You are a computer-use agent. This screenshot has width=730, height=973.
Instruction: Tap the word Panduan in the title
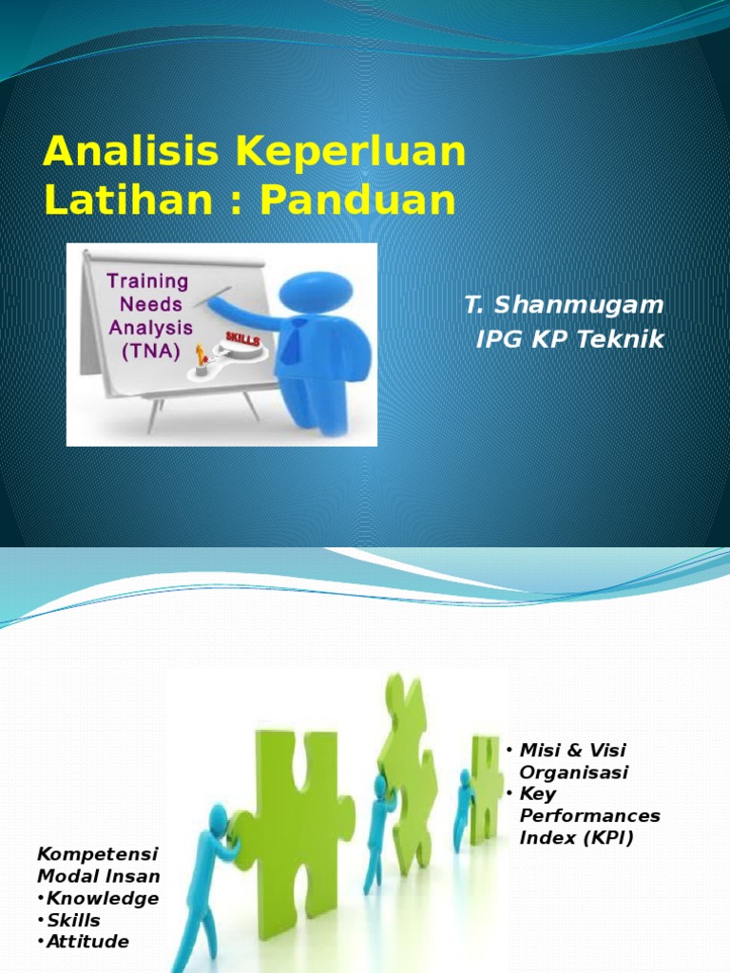coord(357,200)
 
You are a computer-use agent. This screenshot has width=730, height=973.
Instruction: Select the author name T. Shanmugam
coord(564,305)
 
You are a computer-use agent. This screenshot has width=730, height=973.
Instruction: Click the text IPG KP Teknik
coord(570,339)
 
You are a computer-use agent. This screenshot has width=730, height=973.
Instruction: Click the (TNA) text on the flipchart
coord(151,352)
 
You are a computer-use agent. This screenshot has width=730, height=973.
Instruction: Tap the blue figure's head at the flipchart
coord(316,291)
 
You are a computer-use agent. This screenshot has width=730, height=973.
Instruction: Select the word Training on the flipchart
coord(147,281)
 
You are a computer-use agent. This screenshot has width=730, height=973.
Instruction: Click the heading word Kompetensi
coord(98,854)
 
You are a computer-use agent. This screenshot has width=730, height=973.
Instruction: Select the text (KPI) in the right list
coord(608,838)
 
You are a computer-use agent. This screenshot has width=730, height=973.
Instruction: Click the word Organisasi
coord(573,773)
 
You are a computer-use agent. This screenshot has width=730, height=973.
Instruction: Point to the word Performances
coord(589,816)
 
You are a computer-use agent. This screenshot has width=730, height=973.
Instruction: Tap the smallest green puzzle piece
coord(485,790)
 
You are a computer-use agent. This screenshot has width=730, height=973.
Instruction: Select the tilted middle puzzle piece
coord(407,770)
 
